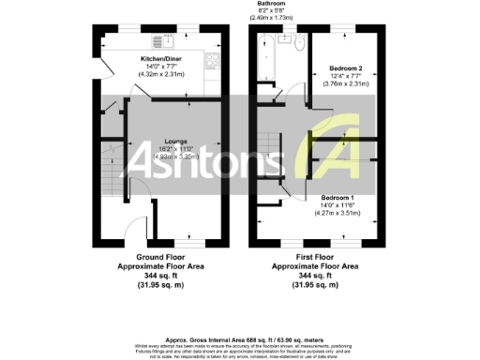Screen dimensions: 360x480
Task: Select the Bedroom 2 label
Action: (347, 68)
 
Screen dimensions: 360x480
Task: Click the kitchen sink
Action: (169, 39)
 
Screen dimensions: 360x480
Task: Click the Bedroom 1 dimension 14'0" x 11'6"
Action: (338, 206)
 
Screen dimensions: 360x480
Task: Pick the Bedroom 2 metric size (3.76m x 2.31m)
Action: (347, 83)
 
